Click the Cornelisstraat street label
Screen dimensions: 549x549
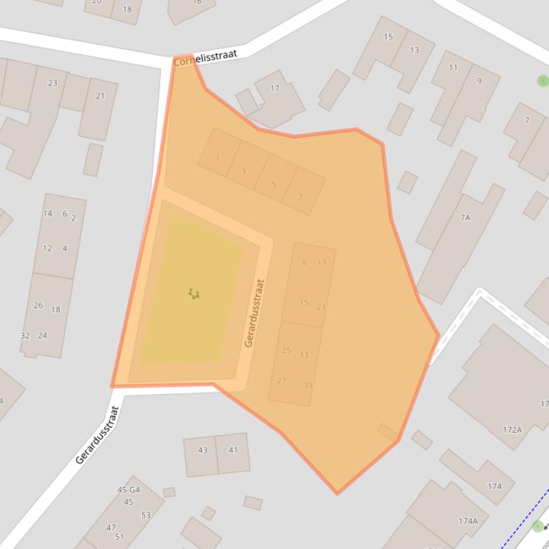(205, 58)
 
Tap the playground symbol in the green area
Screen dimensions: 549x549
(193, 293)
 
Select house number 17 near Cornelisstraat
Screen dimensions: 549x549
(275, 88)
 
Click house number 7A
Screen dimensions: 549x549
(465, 217)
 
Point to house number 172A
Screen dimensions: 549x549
(512, 430)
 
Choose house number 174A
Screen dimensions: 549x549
(468, 521)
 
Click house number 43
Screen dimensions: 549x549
(203, 450)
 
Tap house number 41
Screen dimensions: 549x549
(233, 450)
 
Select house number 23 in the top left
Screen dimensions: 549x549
(52, 83)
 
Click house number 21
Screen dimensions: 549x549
(100, 96)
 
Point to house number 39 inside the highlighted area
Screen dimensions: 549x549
(308, 386)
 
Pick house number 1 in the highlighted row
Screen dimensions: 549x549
(218, 158)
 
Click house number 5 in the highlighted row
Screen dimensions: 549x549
(273, 185)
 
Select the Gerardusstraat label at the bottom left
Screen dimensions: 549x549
(97, 435)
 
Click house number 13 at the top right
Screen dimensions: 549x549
(414, 50)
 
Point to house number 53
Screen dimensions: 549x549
(146, 515)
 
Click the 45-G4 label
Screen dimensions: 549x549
(129, 490)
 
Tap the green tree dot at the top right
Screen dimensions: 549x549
(543, 81)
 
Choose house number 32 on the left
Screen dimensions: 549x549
(25, 335)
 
